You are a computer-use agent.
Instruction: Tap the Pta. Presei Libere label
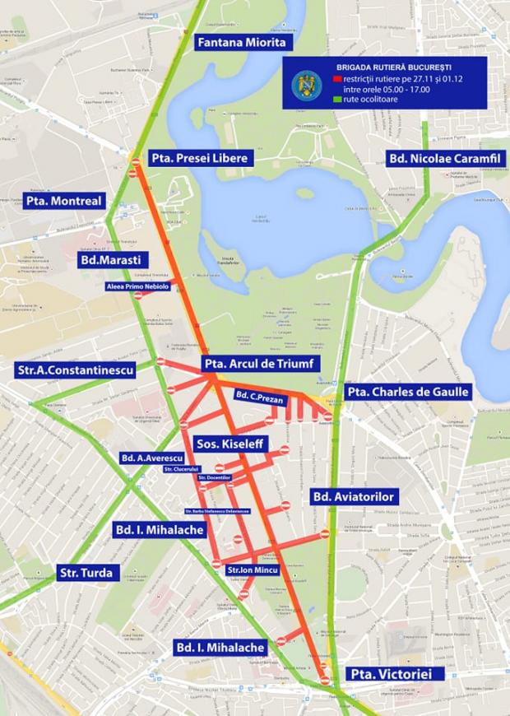pyautogui.click(x=199, y=158)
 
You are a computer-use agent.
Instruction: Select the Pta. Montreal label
pyautogui.click(x=64, y=201)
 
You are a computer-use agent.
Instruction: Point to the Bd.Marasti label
pyautogui.click(x=111, y=259)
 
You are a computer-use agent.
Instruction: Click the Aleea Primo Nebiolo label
pyautogui.click(x=137, y=286)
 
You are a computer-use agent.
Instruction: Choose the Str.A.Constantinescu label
pyautogui.click(x=75, y=371)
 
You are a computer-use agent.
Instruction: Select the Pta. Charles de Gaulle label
pyautogui.click(x=407, y=392)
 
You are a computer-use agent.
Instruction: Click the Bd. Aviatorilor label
pyautogui.click(x=355, y=497)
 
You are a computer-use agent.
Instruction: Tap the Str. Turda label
pyautogui.click(x=88, y=572)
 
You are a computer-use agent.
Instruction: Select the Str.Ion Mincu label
pyautogui.click(x=253, y=570)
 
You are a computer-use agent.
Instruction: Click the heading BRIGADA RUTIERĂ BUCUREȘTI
pyautogui.click(x=394, y=66)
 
